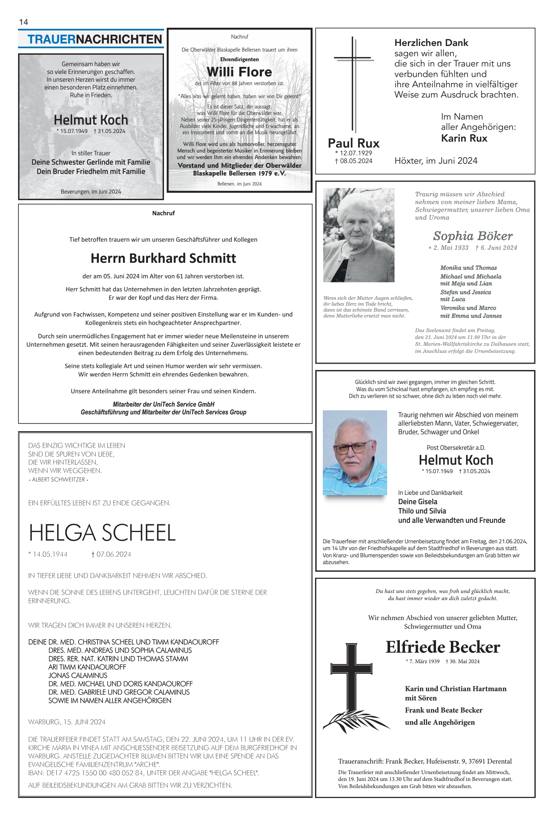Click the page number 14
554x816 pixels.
[24, 22]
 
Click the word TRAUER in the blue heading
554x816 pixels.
[51, 39]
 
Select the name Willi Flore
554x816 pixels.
[239, 72]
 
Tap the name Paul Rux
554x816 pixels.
[353, 143]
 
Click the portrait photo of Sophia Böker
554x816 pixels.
[358, 235]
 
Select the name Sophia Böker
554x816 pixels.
[473, 236]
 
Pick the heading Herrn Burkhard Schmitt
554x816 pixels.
[163, 258]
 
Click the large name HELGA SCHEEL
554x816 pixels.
[102, 533]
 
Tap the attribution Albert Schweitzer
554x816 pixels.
[58, 480]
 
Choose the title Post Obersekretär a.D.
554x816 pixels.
[456, 448]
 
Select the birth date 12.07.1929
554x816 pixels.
[355, 153]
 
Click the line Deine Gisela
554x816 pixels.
[418, 502]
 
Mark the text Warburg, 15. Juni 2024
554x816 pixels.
[67, 722]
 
